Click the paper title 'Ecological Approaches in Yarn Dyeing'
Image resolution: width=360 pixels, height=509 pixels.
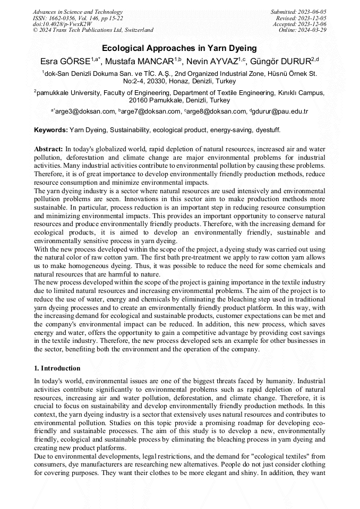click(x=179, y=48)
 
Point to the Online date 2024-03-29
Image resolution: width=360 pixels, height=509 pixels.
click(x=312, y=30)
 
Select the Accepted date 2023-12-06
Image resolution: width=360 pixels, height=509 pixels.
click(x=312, y=24)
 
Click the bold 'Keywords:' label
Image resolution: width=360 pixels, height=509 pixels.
click(x=51, y=130)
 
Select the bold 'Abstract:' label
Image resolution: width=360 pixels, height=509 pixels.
click(x=48, y=149)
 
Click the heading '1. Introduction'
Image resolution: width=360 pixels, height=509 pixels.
click(x=57, y=368)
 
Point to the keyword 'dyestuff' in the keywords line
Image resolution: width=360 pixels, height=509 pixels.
click(x=267, y=130)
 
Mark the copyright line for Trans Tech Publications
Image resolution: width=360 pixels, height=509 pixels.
click(x=93, y=30)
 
